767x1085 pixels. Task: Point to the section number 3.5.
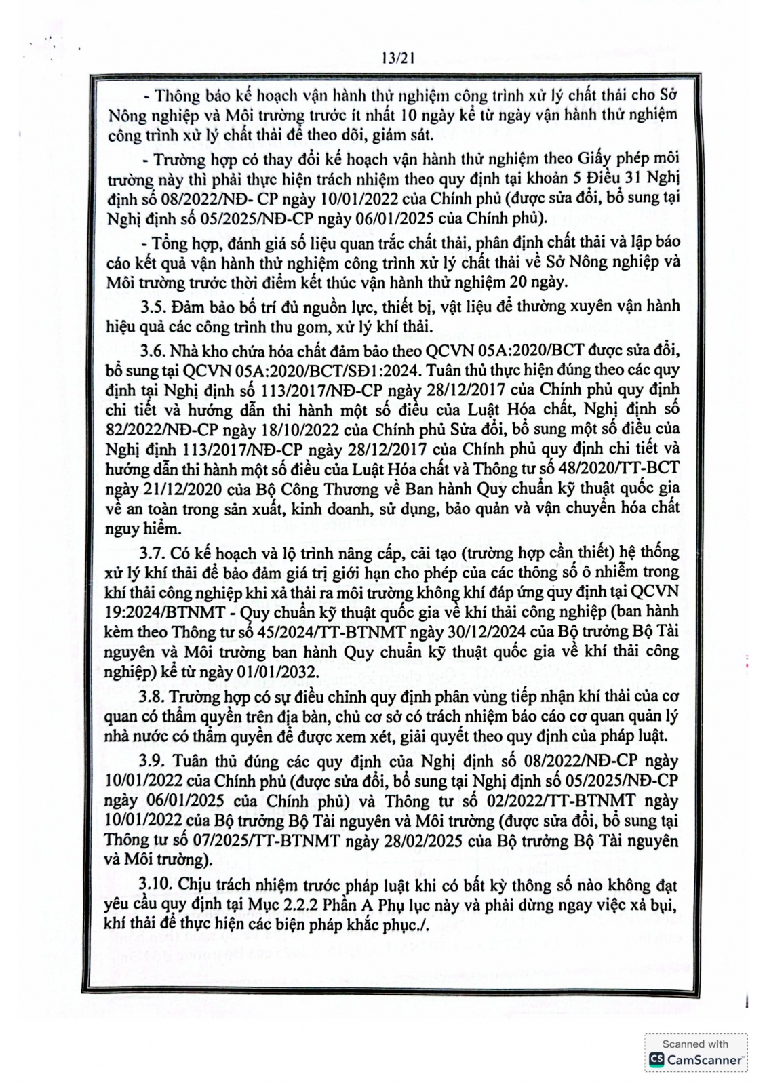(154, 307)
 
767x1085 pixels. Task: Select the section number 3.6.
(154, 351)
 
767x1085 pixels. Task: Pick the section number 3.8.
(154, 696)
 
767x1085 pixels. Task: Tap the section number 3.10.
(157, 885)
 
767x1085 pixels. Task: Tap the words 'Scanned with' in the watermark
(694, 1044)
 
